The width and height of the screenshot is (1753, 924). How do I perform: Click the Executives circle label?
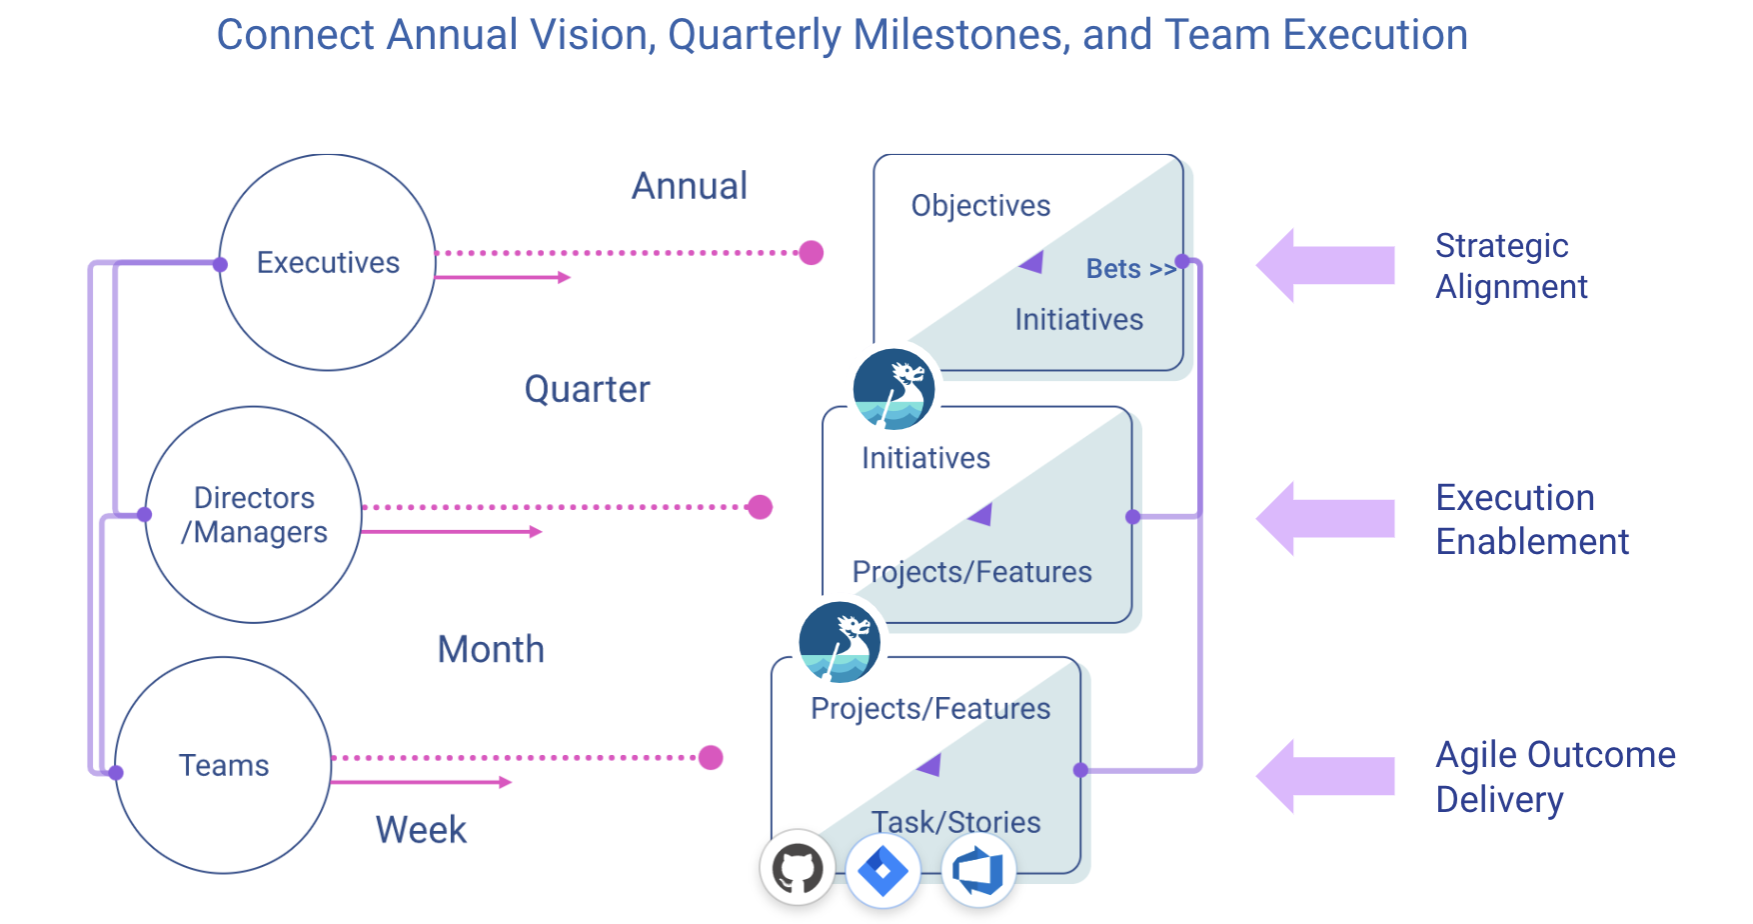pyautogui.click(x=328, y=263)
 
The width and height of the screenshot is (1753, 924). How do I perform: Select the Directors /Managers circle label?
pyautogui.click(x=254, y=515)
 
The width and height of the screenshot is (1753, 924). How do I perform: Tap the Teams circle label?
pyautogui.click(x=224, y=766)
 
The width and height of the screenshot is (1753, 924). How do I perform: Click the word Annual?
pyautogui.click(x=690, y=186)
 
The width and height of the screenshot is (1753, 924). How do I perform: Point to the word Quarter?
pyautogui.click(x=587, y=389)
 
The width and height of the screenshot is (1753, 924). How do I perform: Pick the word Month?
pyautogui.click(x=491, y=650)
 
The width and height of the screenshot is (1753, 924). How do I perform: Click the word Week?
pyautogui.click(x=421, y=830)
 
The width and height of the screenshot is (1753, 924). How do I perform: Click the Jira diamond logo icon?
pyautogui.click(x=882, y=870)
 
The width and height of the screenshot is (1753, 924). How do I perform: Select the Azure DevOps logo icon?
pyautogui.click(x=978, y=870)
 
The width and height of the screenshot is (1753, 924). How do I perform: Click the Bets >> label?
pyautogui.click(x=1130, y=269)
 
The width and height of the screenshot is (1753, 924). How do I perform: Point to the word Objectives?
pyautogui.click(x=980, y=206)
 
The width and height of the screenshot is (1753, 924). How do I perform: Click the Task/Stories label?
pyautogui.click(x=955, y=822)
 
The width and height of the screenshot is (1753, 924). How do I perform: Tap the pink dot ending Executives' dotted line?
pyautogui.click(x=812, y=253)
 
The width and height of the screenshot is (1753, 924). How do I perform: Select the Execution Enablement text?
pyautogui.click(x=1531, y=520)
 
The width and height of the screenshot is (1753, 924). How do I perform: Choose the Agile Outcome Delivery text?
pyautogui.click(x=1554, y=777)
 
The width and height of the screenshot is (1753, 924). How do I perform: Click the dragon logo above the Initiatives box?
pyautogui.click(x=893, y=389)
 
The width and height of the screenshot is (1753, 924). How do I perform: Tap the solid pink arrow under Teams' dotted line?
pyautogui.click(x=421, y=782)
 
